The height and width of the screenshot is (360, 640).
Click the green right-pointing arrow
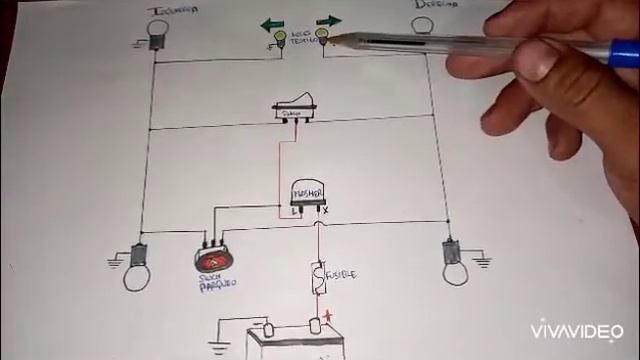[x=328, y=20]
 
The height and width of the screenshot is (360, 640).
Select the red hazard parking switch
[x=212, y=258]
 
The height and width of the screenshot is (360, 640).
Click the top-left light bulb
[x=157, y=32]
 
